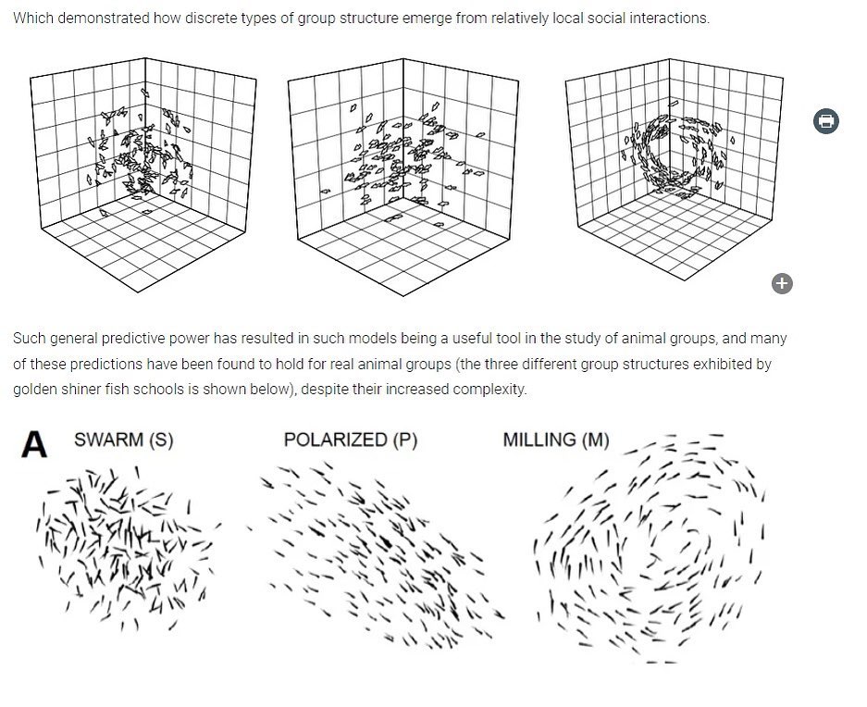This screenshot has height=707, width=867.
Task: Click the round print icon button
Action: point(825,120)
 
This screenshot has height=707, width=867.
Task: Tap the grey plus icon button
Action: point(782,283)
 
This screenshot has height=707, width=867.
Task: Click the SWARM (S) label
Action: point(124,440)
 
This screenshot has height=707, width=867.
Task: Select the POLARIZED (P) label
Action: point(351,440)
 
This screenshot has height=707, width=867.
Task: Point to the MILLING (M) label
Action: point(556,440)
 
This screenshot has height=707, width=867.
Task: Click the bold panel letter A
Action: point(33,444)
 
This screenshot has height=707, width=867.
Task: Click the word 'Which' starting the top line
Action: point(33,19)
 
